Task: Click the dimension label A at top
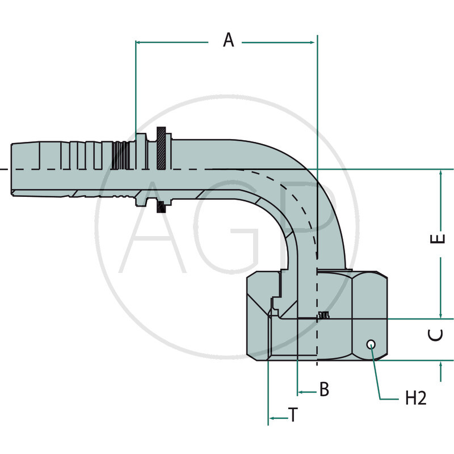pos(228,41)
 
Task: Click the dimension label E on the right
pos(436,240)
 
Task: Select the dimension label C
pos(436,335)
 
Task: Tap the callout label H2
pos(415,399)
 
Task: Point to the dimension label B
pos(323,390)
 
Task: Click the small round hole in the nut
pos(371,344)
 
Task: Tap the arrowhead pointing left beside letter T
pos(272,418)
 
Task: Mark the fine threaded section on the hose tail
pos(119,155)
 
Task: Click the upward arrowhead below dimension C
pos(441,364)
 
